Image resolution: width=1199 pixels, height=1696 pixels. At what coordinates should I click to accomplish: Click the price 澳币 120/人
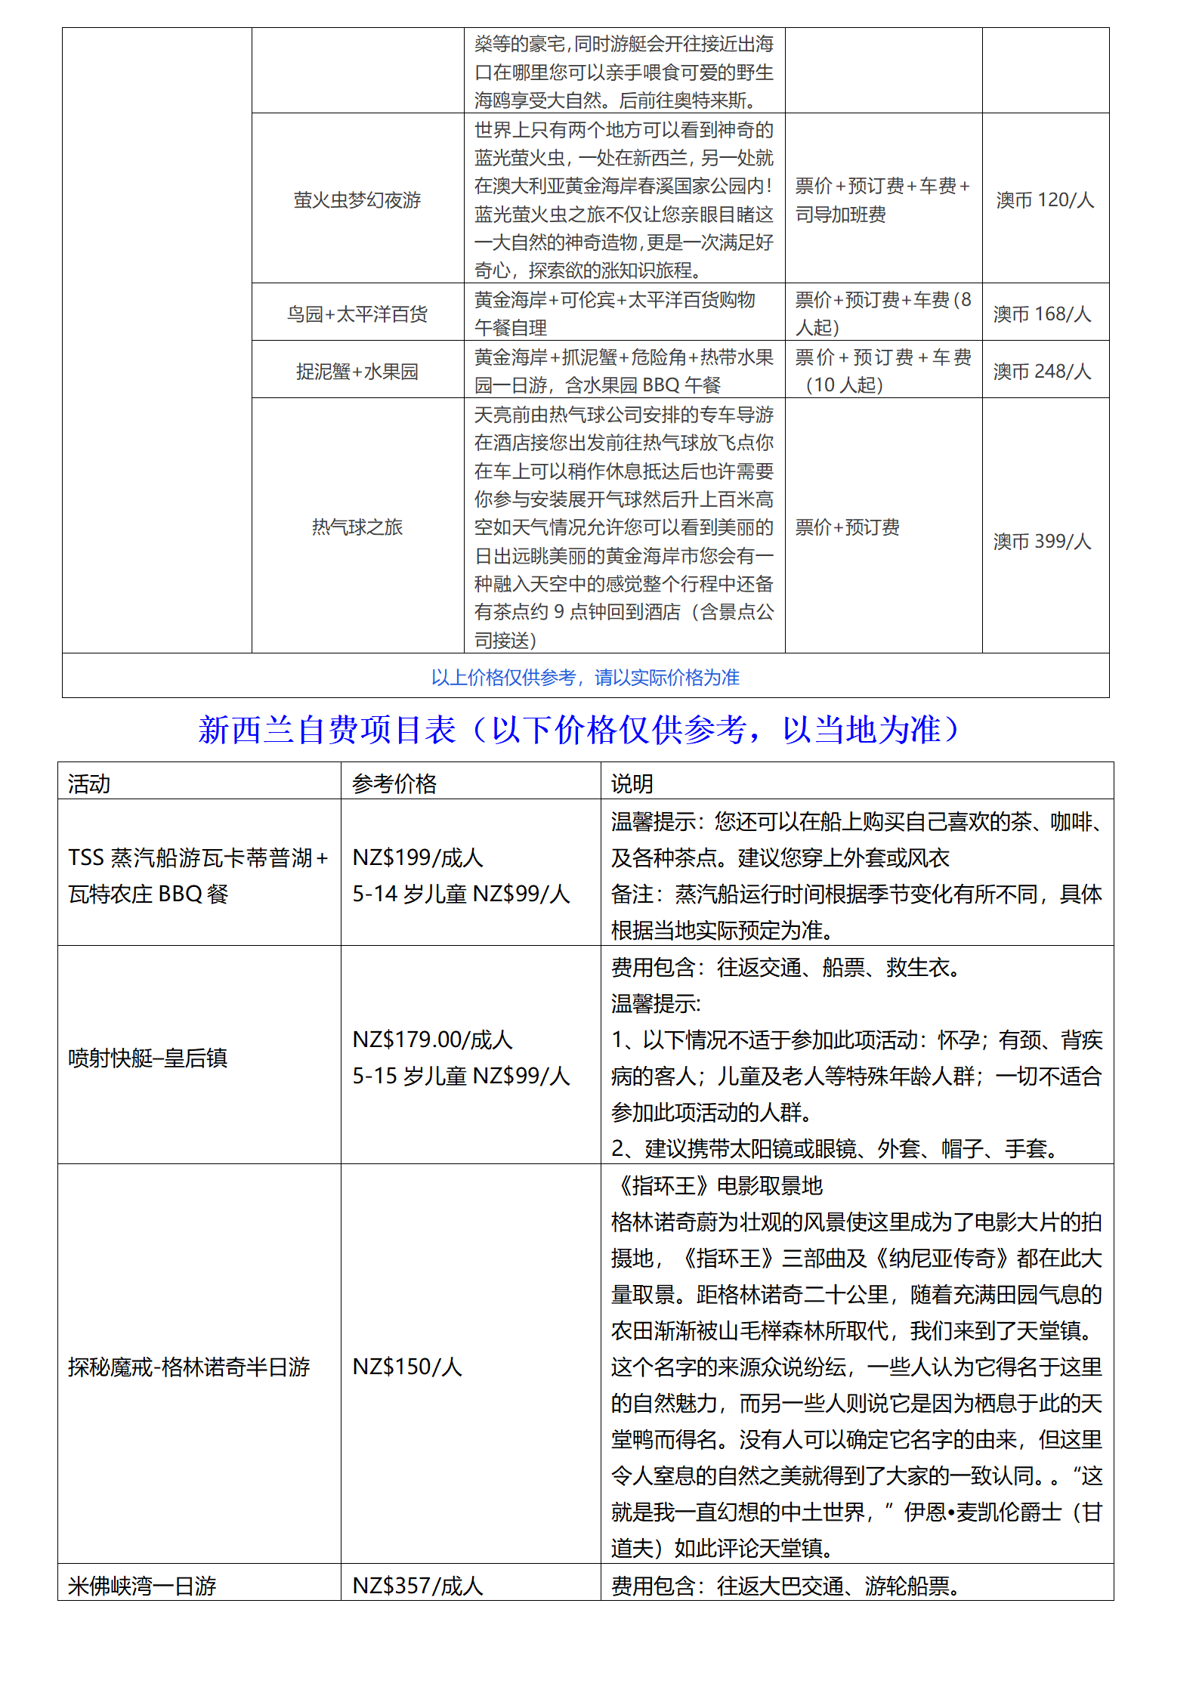coord(1045,200)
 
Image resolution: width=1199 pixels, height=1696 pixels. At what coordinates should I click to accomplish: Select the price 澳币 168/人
coord(1042,314)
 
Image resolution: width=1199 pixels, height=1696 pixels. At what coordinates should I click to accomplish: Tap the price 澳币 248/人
coord(1042,371)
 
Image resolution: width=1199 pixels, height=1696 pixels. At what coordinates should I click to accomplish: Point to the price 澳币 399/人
coord(1042,541)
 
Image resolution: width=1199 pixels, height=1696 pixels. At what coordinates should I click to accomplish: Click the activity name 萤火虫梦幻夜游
coord(357,200)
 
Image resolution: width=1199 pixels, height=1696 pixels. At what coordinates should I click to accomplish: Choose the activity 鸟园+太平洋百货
coord(357,314)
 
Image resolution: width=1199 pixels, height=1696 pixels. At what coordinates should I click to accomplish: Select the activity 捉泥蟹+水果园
coord(357,371)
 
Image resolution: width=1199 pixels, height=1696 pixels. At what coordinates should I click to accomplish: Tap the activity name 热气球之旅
coord(357,527)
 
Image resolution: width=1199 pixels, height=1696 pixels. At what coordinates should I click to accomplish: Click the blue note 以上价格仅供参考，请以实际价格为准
coord(585,677)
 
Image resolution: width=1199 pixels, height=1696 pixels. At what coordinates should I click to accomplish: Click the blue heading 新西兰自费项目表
coord(327,730)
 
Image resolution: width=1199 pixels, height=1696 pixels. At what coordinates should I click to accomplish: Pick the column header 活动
coord(89,783)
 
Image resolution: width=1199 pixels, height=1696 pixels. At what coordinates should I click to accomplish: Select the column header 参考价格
coord(394,783)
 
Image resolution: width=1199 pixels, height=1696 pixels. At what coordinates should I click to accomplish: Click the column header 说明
coord(632,783)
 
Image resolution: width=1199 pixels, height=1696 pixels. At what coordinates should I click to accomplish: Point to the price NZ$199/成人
coord(418,857)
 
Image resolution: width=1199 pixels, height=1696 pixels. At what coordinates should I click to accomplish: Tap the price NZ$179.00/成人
coord(432,1040)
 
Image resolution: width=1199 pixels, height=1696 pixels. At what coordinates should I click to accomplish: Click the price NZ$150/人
coord(407,1367)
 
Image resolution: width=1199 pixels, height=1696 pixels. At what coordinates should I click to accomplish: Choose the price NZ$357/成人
coord(418,1586)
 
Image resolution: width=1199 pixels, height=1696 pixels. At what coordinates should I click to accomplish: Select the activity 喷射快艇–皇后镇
coord(147,1058)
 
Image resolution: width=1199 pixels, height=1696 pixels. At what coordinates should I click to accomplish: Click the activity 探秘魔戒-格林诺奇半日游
coord(189,1367)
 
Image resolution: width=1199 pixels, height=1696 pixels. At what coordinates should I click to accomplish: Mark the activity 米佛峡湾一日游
coord(142,1586)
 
